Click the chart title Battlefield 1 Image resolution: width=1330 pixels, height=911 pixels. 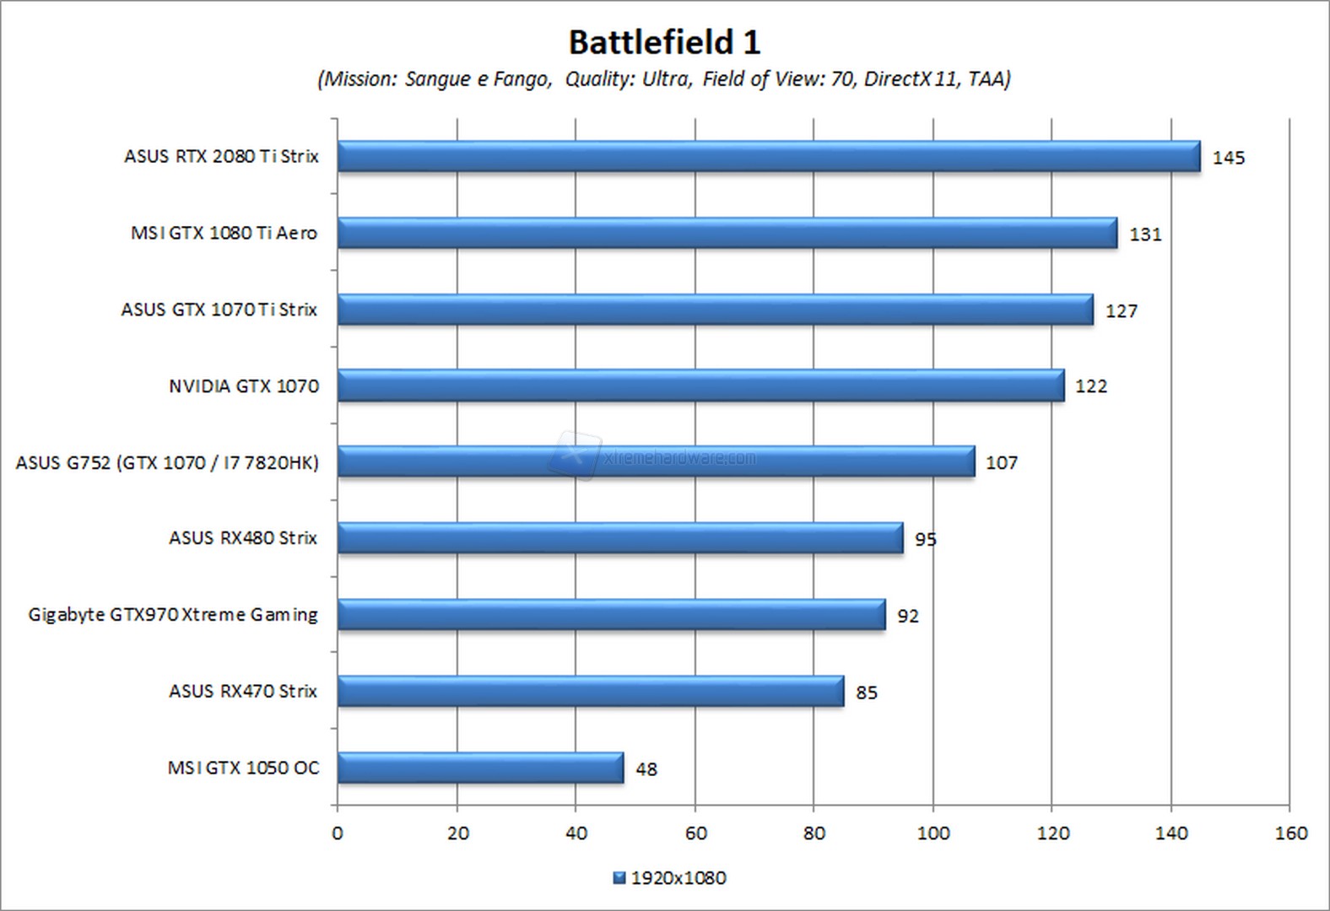pos(664,42)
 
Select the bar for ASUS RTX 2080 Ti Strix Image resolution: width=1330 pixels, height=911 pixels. pos(768,157)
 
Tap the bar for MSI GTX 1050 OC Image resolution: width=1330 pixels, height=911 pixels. pos(480,768)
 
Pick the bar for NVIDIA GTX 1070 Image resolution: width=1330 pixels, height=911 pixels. pos(700,386)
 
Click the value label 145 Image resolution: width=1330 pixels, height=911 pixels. pos(1228,158)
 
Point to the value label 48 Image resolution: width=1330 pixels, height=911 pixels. pos(646,769)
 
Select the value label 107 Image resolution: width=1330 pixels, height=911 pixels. pos(1002,463)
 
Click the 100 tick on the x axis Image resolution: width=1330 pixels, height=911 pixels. pos(933,833)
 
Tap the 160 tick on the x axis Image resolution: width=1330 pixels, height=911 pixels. pos(1290,833)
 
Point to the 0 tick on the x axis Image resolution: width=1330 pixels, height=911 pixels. pos(338,833)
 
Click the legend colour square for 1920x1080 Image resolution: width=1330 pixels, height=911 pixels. pos(619,878)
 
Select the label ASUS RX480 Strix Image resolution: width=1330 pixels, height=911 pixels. pos(243,538)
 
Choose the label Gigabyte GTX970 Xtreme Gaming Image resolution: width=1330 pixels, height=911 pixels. pos(173,615)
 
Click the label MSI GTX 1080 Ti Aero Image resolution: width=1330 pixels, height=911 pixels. pos(224,233)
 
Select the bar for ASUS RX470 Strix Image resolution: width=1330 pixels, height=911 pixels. pos(591,692)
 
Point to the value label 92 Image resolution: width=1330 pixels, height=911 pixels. pos(908,617)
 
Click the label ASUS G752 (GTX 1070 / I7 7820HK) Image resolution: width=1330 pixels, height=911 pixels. pos(167,463)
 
